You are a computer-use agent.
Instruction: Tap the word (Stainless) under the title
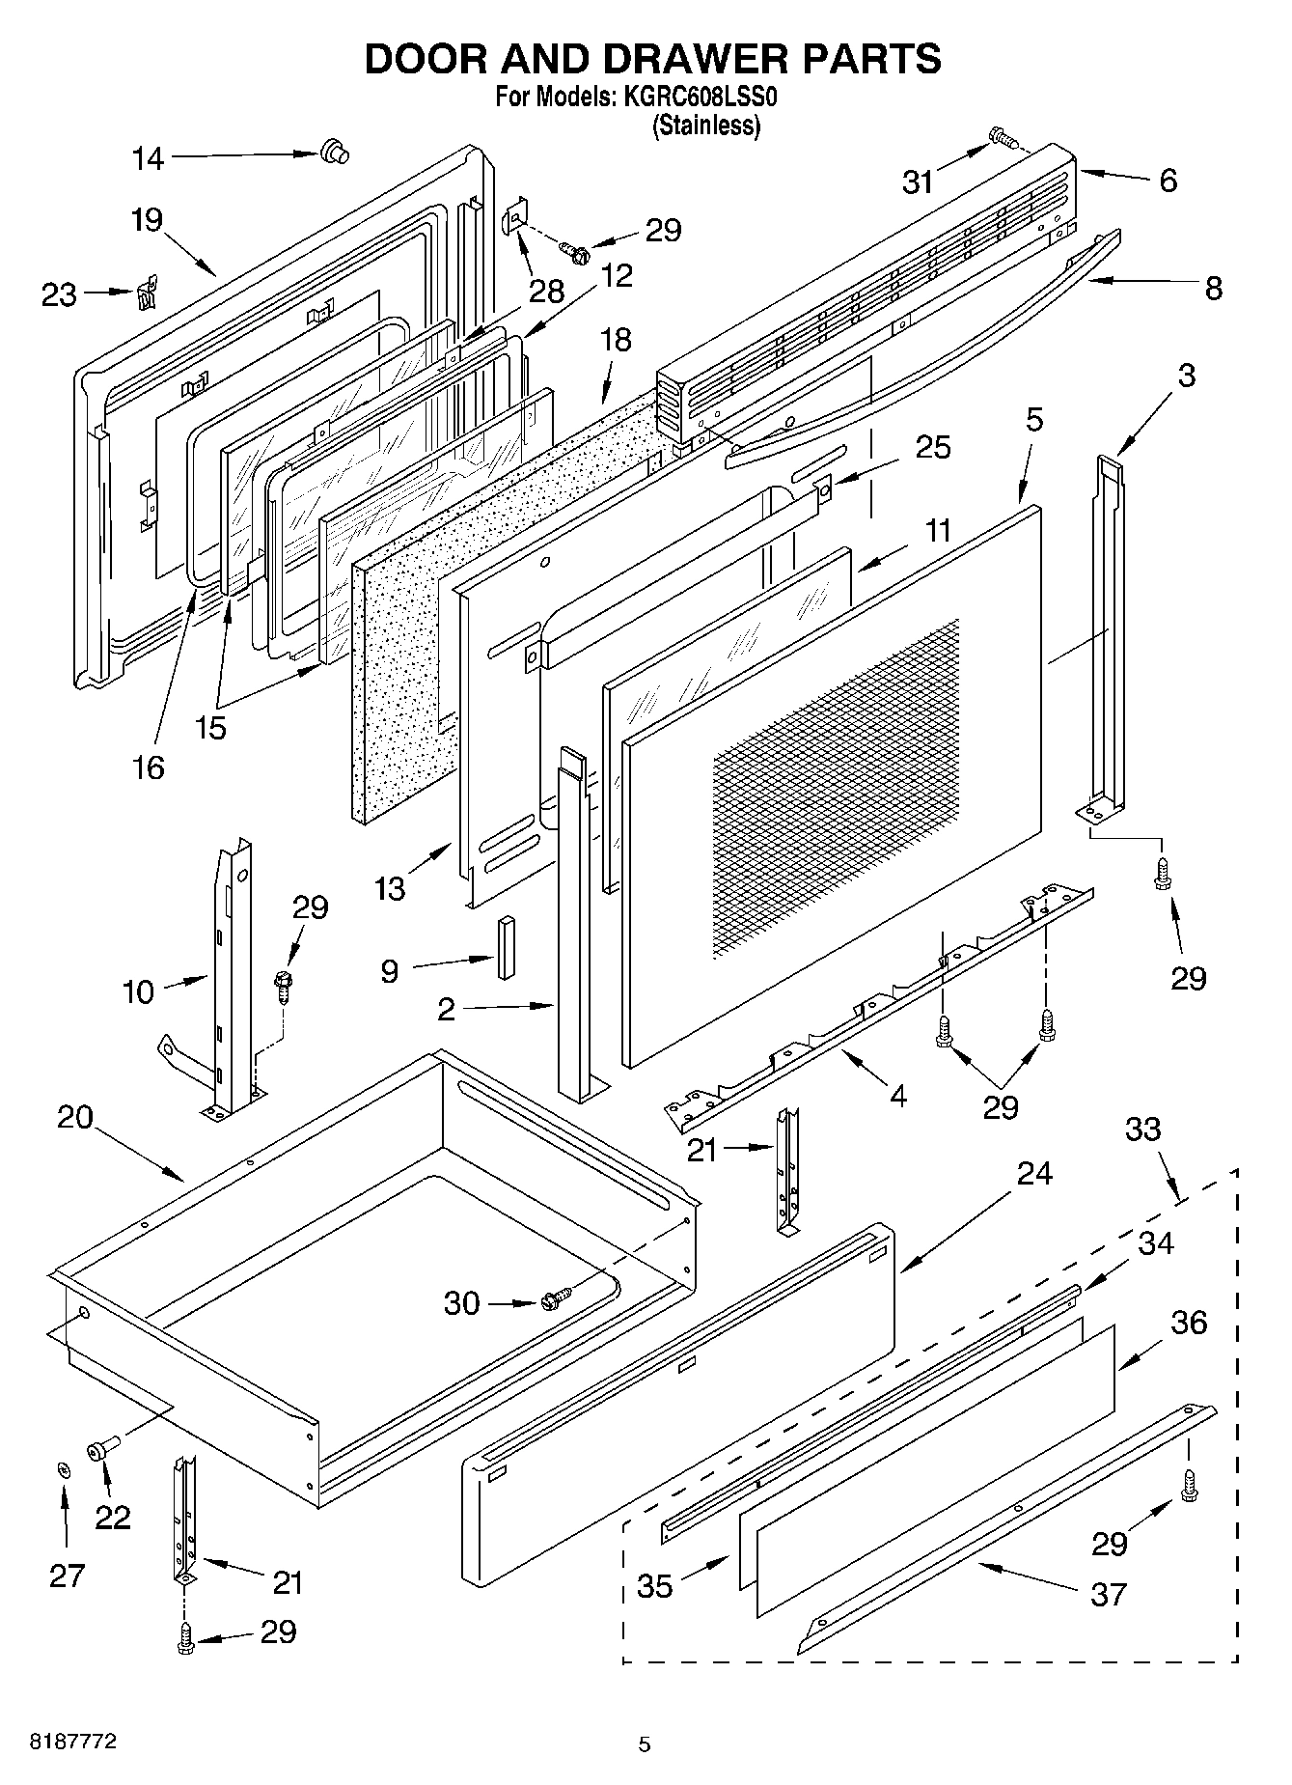click(x=707, y=126)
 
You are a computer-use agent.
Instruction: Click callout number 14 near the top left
click(x=148, y=159)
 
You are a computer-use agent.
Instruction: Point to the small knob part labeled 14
click(x=334, y=151)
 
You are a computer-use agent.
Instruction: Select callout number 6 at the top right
click(x=1168, y=181)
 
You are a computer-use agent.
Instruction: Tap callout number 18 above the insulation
click(x=616, y=340)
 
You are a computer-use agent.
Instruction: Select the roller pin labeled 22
click(x=101, y=1449)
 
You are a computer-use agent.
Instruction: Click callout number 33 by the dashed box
click(x=1143, y=1129)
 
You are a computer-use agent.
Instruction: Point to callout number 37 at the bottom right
click(x=1108, y=1594)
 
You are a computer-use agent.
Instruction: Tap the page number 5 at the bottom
click(x=645, y=1743)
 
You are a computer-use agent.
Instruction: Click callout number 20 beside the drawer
click(x=74, y=1118)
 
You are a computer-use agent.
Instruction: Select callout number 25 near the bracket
click(x=933, y=447)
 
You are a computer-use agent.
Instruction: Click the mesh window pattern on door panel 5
click(x=835, y=787)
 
